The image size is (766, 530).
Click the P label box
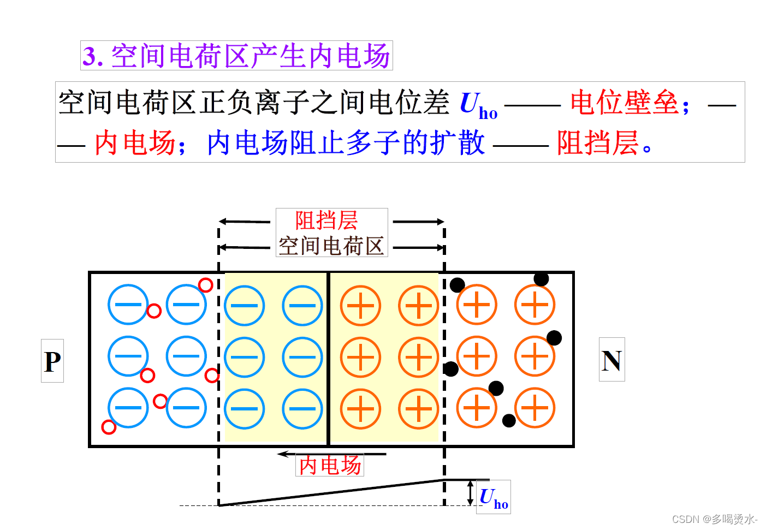click(52, 361)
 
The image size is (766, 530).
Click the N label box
click(611, 360)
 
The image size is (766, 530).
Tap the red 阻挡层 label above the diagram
click(326, 221)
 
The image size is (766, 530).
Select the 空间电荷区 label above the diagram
click(331, 246)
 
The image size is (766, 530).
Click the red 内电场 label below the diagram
click(330, 465)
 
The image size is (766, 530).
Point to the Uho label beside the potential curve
click(494, 497)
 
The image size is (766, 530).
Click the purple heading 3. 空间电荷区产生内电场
click(236, 56)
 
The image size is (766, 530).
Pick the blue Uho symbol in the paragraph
click(478, 105)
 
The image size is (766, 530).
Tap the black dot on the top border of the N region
click(541, 279)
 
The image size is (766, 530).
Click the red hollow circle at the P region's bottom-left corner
click(109, 427)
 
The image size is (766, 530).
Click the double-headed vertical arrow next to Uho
click(471, 492)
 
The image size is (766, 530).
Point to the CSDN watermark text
click(714, 519)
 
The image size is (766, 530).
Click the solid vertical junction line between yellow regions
click(328, 358)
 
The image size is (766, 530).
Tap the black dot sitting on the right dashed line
click(451, 369)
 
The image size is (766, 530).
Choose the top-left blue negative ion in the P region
click(128, 305)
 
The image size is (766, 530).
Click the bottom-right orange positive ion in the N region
click(535, 407)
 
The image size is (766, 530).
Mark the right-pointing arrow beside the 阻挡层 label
click(418, 222)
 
